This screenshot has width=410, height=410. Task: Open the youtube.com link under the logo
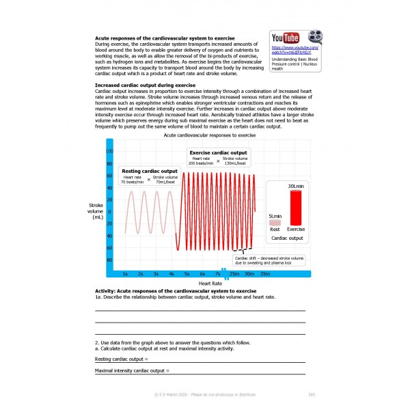pyautogui.click(x=295, y=51)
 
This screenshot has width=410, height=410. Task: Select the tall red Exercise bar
pyautogui.click(x=295, y=207)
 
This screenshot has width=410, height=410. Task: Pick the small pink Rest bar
pyautogui.click(x=275, y=222)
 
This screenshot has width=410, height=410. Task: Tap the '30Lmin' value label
pyautogui.click(x=295, y=186)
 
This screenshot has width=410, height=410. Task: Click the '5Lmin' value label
pyautogui.click(x=275, y=215)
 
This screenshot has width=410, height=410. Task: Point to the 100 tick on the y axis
pyautogui.click(x=109, y=151)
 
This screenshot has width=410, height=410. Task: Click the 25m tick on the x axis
pyautogui.click(x=234, y=273)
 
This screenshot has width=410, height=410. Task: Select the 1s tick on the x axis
pyautogui.click(x=124, y=273)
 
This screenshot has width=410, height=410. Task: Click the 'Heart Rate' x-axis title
pyautogui.click(x=210, y=283)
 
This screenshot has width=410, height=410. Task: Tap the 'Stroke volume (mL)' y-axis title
pyautogui.click(x=96, y=211)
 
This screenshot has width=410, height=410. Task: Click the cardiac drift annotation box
pyautogui.click(x=269, y=260)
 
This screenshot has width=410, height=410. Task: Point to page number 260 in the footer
pyautogui.click(x=311, y=394)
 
